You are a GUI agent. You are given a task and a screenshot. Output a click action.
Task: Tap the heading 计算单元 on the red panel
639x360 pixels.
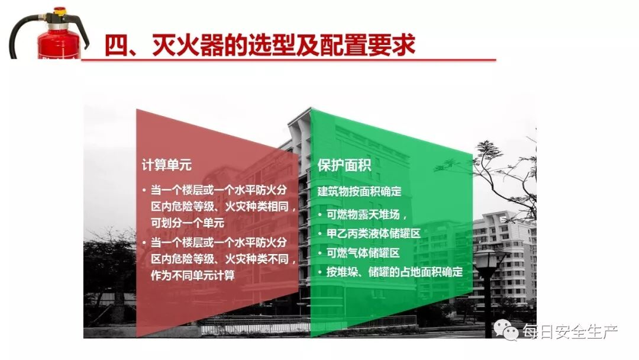point(166,165)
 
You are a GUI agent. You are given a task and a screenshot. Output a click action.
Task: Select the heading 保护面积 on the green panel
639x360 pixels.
point(344,165)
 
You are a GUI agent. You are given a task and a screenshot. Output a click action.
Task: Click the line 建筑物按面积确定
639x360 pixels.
point(360,192)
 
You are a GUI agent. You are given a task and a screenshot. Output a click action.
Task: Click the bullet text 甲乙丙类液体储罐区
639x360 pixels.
point(373,233)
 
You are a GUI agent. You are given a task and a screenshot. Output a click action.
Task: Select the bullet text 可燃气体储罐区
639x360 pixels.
point(363,253)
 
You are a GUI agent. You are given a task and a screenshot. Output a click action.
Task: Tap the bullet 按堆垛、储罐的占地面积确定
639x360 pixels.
point(394,272)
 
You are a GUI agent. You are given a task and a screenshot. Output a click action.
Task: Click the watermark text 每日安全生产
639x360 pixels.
point(569,331)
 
